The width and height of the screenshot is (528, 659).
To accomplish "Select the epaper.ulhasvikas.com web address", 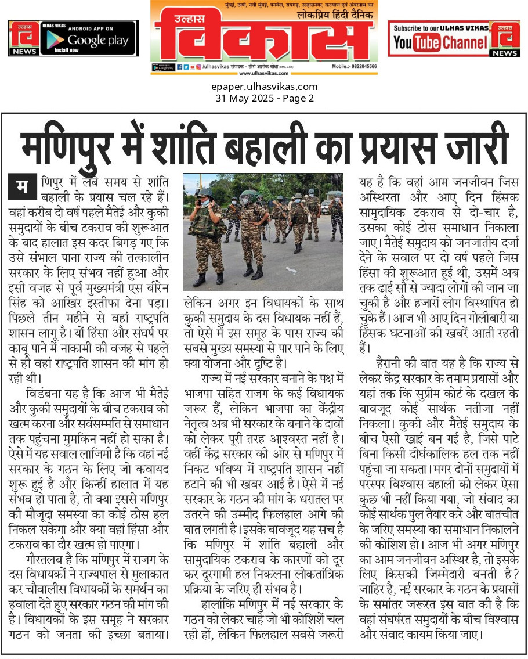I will point(264,87).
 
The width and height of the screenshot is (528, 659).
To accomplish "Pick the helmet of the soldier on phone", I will point(204,192).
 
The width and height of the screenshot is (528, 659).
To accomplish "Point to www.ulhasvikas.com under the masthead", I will point(264,73).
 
